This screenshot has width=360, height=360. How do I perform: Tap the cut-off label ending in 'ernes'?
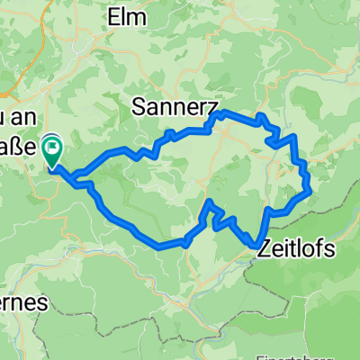pos(22,304)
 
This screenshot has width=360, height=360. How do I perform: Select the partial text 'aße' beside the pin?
pos(18,146)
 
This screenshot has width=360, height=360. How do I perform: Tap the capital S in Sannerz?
pos(139,106)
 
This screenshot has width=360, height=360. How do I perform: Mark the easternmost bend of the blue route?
pos(311,189)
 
